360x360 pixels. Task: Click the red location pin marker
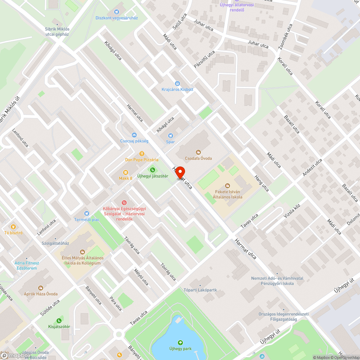pyautogui.click(x=180, y=173)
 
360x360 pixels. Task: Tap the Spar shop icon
pyautogui.click(x=171, y=136)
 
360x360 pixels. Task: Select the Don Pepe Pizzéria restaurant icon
pyautogui.click(x=142, y=153)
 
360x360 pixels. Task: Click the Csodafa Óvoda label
pyautogui.click(x=198, y=158)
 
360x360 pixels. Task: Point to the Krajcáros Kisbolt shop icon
pyautogui.click(x=177, y=83)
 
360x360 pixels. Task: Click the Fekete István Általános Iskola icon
pyautogui.click(x=227, y=186)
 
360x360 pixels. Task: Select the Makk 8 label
pyautogui.click(x=126, y=178)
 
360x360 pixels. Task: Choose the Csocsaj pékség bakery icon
pyautogui.click(x=134, y=135)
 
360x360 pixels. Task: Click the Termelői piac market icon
pyautogui.click(x=86, y=213)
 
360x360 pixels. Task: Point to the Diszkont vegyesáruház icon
pyautogui.click(x=116, y=12)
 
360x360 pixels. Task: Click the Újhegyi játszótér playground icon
pyautogui.click(x=152, y=170)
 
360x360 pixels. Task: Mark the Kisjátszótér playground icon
pyautogui.click(x=59, y=320)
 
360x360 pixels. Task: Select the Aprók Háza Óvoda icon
pyautogui.click(x=40, y=288)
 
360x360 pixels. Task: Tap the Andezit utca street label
pyautogui.click(x=312, y=168)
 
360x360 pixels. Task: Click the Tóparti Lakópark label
pyautogui.click(x=200, y=290)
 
